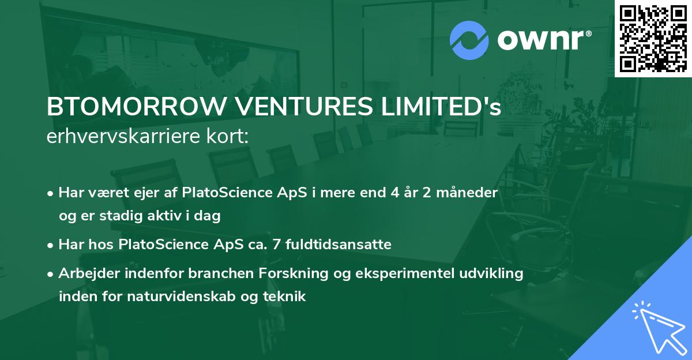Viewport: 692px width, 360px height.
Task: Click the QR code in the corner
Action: pyautogui.click(x=653, y=38)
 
